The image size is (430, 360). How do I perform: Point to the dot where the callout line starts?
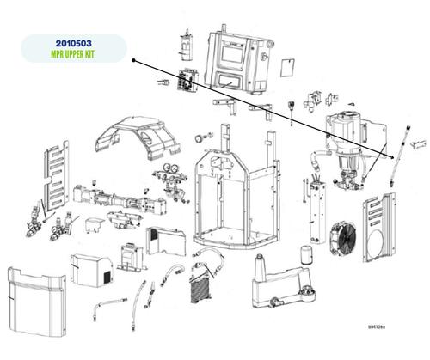(x=135, y=60)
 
